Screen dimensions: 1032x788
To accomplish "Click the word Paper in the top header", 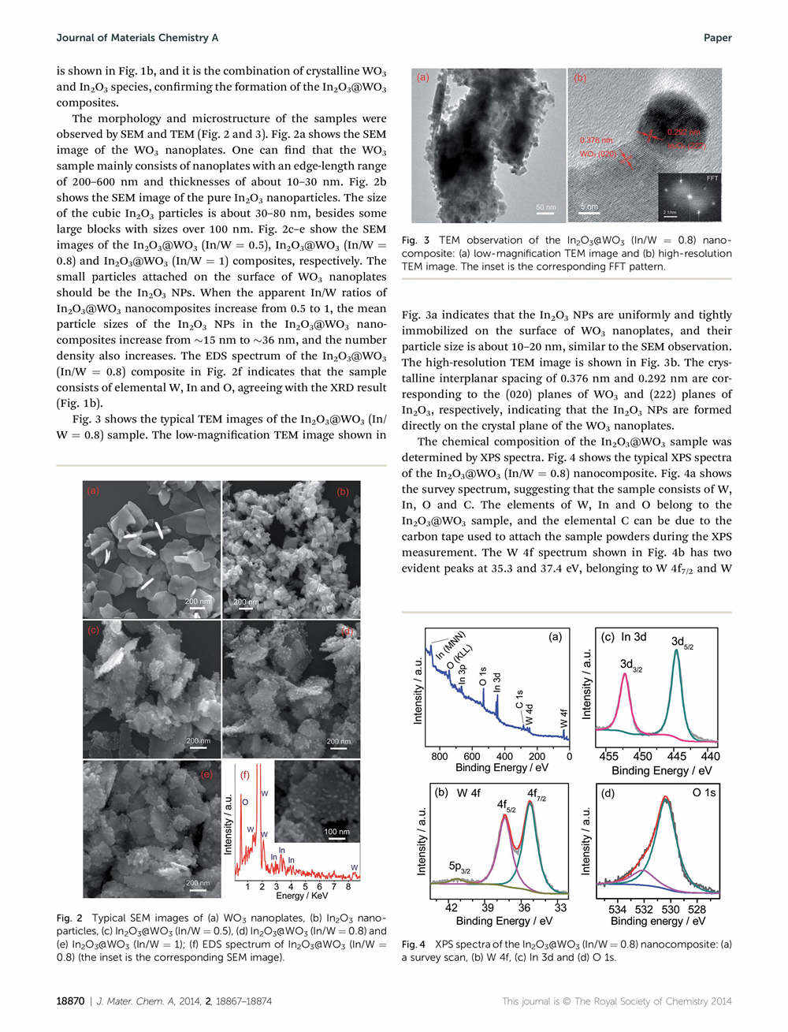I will point(717,38).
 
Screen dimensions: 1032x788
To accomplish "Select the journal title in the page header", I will point(137,38).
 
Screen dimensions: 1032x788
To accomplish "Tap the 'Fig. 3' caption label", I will point(415,240).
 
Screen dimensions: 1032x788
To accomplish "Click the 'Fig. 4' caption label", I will point(414,944).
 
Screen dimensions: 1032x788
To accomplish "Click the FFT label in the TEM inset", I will point(712,178).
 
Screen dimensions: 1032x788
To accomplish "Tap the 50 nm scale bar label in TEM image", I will point(545,207).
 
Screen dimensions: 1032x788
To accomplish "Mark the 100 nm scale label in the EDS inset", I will point(337,832).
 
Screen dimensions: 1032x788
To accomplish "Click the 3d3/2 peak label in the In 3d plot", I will point(631,665).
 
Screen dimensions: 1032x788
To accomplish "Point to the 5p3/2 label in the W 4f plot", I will point(459,866).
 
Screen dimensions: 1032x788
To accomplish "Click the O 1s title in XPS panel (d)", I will point(704,792).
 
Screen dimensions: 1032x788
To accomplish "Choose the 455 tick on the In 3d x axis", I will point(609,756).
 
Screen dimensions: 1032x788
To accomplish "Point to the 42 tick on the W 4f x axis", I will point(452,907).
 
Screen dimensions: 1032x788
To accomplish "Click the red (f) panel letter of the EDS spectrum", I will point(245,775).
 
